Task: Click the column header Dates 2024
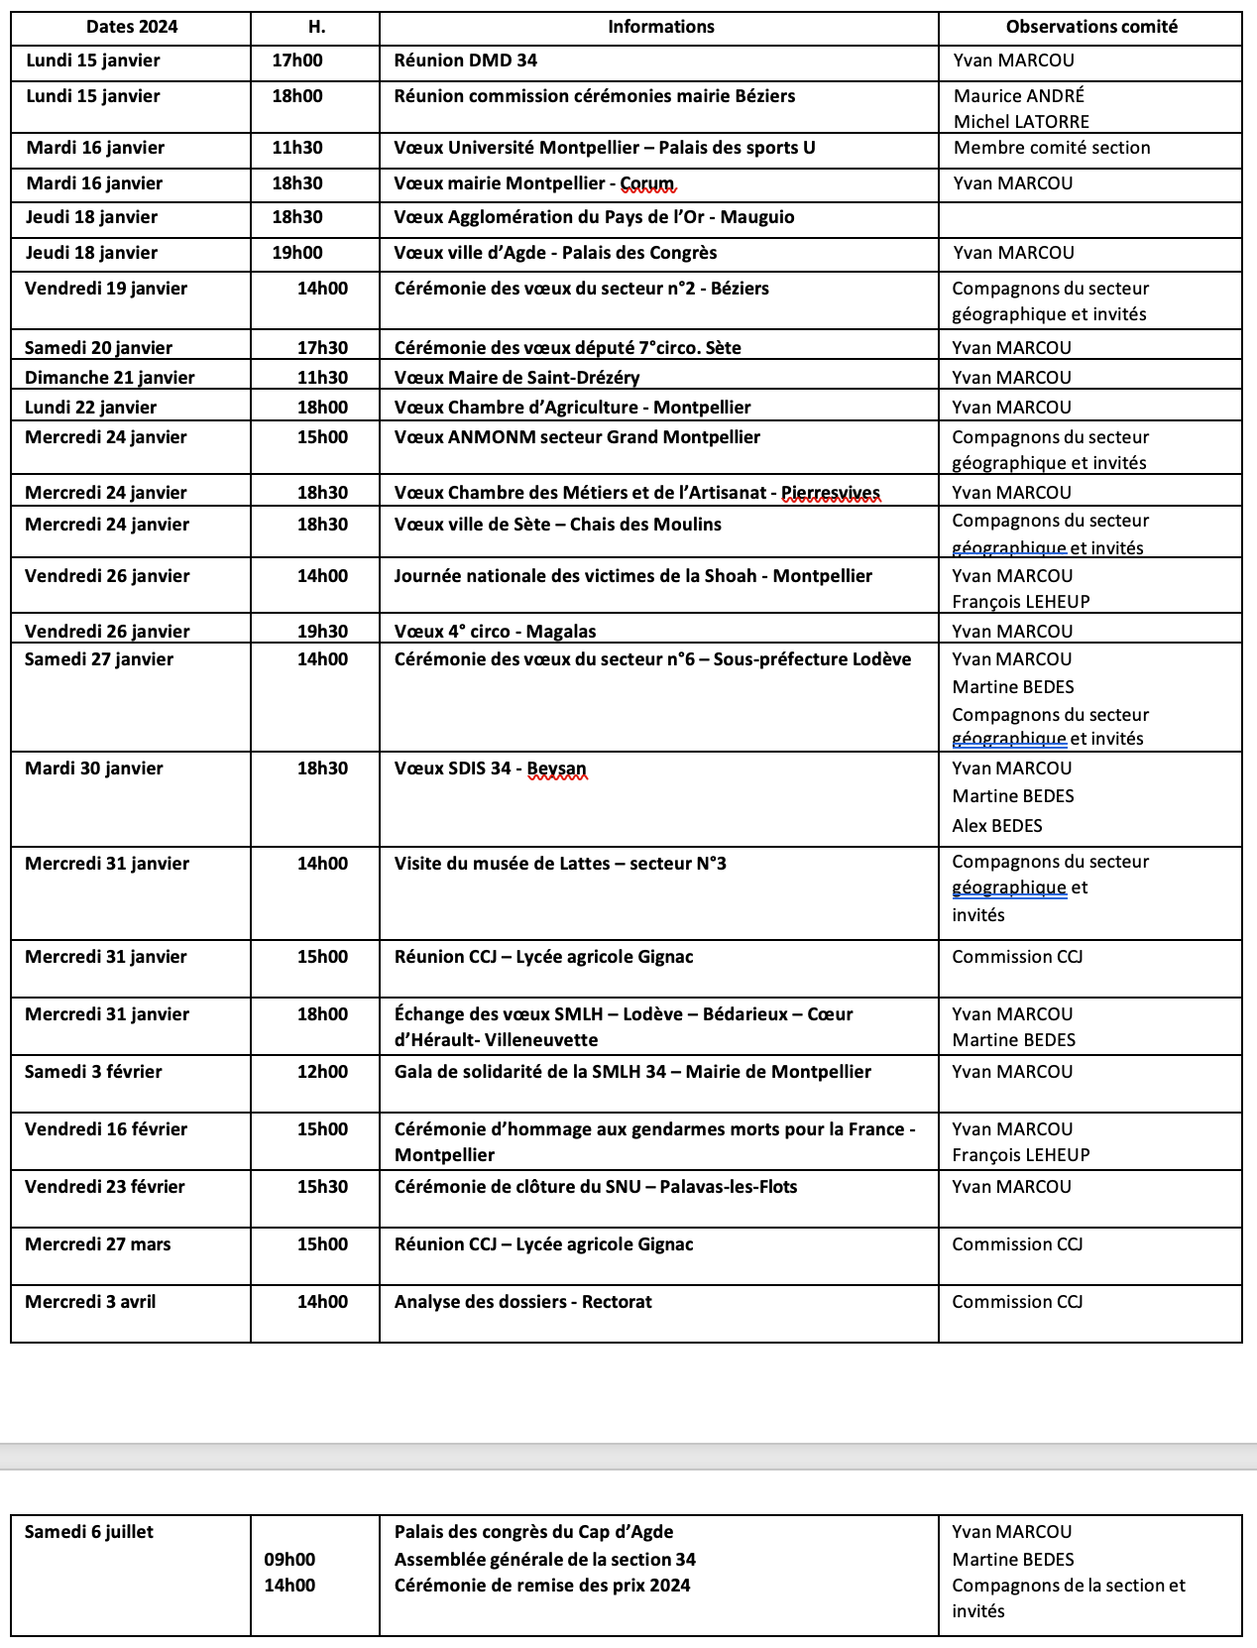(132, 27)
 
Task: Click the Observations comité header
(1091, 27)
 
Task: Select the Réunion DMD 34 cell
(466, 60)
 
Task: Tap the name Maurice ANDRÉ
(1019, 96)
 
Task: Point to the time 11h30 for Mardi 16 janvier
(297, 148)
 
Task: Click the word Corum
(647, 183)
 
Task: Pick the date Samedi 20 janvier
(98, 348)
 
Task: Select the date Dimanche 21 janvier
(110, 378)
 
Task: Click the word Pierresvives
(831, 493)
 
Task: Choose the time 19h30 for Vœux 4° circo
(323, 632)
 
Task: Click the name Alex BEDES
(997, 826)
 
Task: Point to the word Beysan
(557, 768)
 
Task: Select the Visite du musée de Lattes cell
(560, 864)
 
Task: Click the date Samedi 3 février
(93, 1072)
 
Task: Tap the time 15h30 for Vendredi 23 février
(323, 1187)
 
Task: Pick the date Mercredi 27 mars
(98, 1244)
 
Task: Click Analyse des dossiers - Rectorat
(523, 1302)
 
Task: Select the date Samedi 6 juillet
(89, 1532)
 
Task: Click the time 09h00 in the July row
(289, 1560)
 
